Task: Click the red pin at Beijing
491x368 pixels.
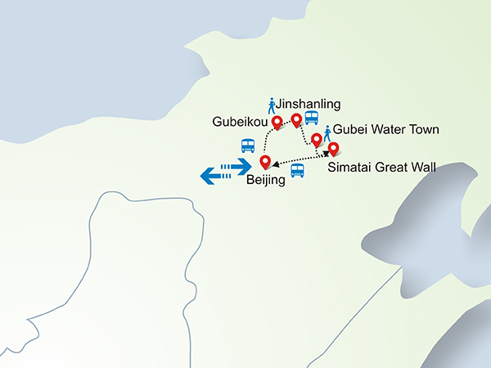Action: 264,162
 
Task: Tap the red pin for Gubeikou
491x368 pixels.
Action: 277,123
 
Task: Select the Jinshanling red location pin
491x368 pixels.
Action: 296,119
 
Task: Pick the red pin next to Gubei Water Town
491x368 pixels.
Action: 317,139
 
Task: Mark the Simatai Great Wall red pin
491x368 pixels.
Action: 333,150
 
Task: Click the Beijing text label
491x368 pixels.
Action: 266,180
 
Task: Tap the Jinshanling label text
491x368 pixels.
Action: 309,104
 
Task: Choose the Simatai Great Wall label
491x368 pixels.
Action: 381,168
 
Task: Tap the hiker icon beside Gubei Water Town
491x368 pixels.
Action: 327,132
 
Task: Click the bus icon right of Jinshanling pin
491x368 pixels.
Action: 312,117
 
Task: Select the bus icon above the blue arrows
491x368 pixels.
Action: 247,146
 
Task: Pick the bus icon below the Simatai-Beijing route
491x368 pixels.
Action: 297,171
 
